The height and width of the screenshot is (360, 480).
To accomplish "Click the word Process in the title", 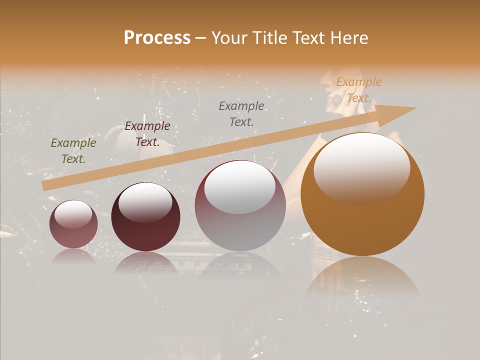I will tap(157, 38).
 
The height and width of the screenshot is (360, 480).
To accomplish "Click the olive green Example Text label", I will tap(73, 151).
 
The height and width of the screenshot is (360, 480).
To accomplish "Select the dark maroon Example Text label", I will tap(147, 134).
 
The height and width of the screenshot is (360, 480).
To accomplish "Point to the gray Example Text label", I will tap(241, 113).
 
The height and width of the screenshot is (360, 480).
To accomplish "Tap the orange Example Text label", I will tap(359, 90).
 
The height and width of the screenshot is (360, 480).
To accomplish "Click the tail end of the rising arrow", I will tap(45, 186).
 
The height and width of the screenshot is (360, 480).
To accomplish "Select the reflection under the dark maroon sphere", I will tap(145, 262).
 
